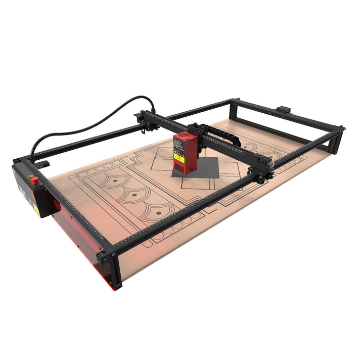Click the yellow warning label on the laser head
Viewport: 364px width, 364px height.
pyautogui.click(x=179, y=157)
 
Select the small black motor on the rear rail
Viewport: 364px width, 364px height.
pyautogui.click(x=284, y=109)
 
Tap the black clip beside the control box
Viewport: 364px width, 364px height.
pyautogui.click(x=43, y=164)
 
